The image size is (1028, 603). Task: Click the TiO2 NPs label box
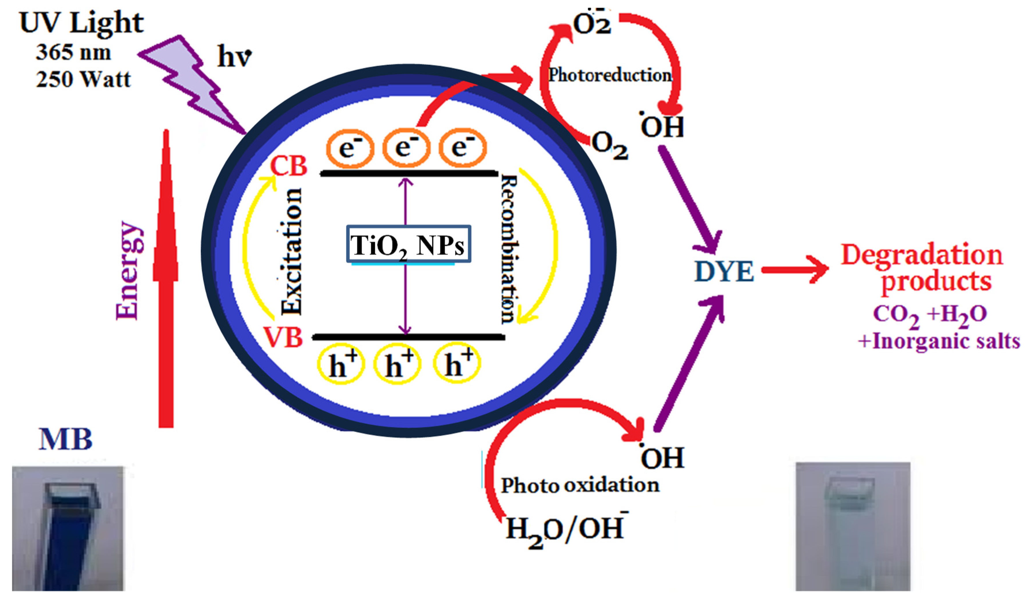point(408,244)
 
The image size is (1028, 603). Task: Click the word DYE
point(724,272)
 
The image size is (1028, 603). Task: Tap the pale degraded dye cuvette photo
point(853,526)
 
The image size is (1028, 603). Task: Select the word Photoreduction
point(610,75)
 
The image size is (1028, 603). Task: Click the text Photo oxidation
point(580,485)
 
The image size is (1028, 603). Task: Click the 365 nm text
point(74,52)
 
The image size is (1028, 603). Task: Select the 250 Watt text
point(83,79)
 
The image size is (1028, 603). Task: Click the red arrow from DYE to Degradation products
point(795,269)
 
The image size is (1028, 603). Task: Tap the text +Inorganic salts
point(938,342)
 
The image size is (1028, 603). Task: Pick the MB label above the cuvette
point(65,440)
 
